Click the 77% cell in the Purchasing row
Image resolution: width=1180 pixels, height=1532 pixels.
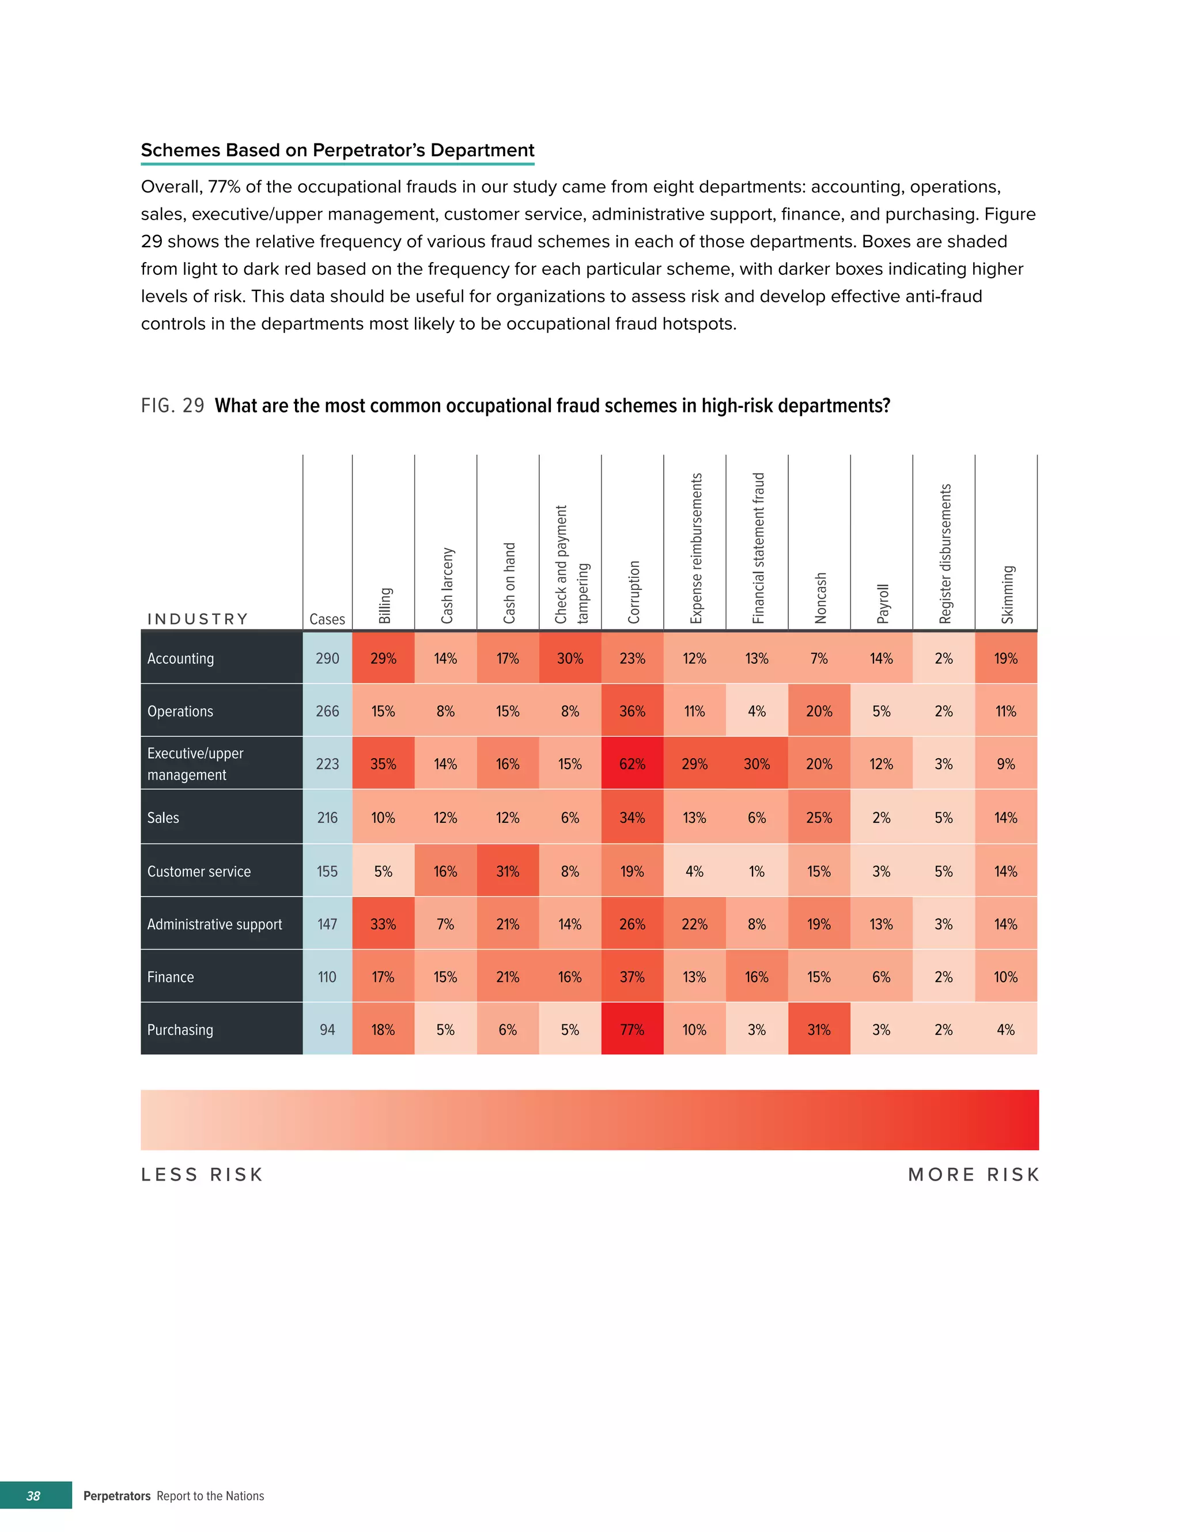631,1029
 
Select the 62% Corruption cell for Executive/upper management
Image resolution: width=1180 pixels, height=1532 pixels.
631,763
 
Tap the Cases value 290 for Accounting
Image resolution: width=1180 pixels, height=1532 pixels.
327,658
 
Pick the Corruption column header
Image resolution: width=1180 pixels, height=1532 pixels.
633,591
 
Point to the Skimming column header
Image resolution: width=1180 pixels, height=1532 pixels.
1007,593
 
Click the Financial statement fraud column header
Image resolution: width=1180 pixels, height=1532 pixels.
758,547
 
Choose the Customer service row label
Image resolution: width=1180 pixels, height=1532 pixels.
199,871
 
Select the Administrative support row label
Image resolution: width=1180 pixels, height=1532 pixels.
214,924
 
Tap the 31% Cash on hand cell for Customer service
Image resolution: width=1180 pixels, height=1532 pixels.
507,871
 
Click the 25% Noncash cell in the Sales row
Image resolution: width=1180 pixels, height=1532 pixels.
819,817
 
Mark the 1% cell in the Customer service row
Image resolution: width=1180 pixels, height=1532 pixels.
757,871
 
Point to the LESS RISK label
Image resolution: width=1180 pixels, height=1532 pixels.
202,1174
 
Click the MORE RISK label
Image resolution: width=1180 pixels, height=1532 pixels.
973,1174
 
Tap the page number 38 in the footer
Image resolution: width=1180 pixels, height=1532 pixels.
33,1496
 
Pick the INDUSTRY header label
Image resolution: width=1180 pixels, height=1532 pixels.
198,619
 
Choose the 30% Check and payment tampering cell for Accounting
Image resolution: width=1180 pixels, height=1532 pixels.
570,658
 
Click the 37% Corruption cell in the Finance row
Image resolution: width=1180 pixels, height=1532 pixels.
631,977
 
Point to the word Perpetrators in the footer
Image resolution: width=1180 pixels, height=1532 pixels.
116,1496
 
